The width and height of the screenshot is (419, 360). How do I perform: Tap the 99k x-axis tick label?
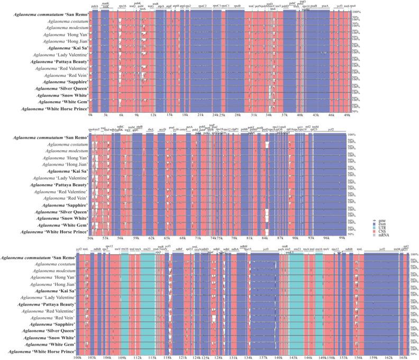342,238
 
